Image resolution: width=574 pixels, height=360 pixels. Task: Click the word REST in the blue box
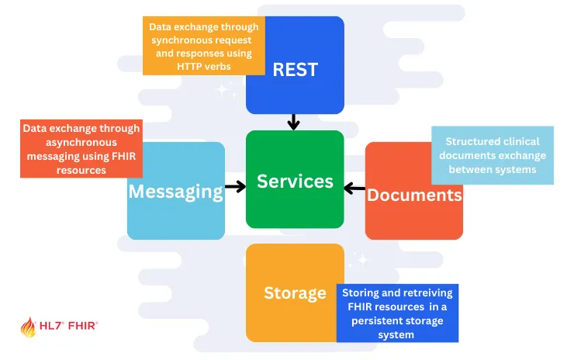[x=295, y=69]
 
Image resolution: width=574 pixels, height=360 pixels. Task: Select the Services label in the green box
[x=295, y=182]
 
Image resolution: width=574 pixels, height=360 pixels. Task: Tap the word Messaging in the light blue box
[x=175, y=191]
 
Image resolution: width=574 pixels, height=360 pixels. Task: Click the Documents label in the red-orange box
[x=414, y=194]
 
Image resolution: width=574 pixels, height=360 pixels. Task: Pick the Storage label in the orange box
[x=295, y=292]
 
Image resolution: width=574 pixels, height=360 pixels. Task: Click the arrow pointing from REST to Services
[x=293, y=122]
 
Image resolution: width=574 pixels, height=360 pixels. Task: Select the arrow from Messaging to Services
[x=235, y=187]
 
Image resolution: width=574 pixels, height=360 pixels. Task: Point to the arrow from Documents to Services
[x=354, y=187]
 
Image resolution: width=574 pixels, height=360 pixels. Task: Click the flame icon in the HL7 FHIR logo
[x=28, y=327]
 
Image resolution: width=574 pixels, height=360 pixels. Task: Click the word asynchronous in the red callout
[x=81, y=143]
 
